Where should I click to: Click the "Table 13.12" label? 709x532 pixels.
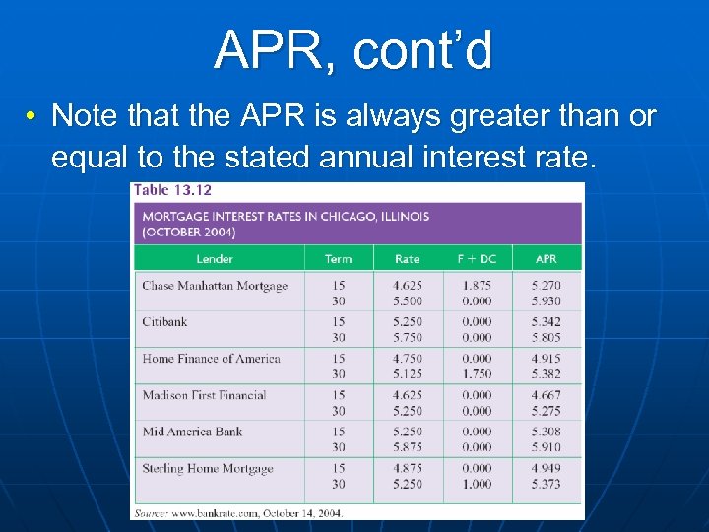(x=172, y=190)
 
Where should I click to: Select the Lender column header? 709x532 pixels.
(x=215, y=259)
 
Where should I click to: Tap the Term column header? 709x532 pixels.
(x=338, y=259)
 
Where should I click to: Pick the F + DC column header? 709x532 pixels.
(x=477, y=259)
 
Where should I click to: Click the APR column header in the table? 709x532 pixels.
(x=546, y=259)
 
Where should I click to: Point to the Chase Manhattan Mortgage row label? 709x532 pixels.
(x=215, y=286)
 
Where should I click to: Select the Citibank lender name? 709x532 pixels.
(x=164, y=322)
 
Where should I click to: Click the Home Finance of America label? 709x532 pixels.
(x=211, y=359)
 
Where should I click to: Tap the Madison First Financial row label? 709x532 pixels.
(x=204, y=395)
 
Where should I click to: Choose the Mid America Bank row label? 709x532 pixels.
(x=192, y=432)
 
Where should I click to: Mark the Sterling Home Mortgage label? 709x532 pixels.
(x=207, y=468)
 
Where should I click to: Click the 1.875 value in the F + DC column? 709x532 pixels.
(x=477, y=286)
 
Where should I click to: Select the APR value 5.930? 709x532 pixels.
(x=546, y=301)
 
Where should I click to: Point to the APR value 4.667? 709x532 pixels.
(x=546, y=395)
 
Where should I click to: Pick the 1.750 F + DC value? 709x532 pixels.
(x=477, y=374)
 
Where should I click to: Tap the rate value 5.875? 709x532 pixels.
(x=407, y=447)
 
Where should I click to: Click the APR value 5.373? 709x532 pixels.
(x=546, y=484)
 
